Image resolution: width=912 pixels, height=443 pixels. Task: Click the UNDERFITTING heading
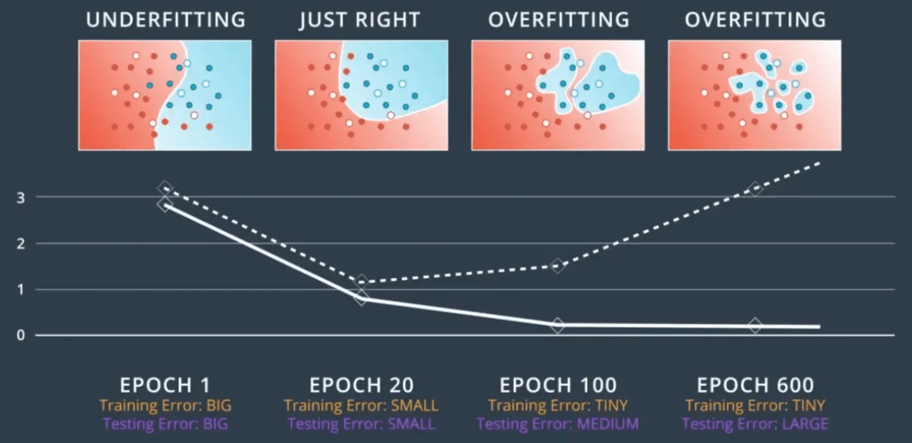165,20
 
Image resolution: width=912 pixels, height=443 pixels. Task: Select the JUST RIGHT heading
359,20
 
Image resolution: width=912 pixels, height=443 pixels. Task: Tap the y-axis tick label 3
21,198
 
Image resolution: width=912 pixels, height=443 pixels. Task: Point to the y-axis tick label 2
21,244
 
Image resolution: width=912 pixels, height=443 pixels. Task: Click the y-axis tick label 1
21,290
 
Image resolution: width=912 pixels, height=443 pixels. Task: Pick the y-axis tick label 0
21,335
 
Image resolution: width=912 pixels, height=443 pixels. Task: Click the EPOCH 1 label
165,385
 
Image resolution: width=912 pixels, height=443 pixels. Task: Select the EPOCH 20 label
361,385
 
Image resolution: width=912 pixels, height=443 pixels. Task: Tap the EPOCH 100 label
558,385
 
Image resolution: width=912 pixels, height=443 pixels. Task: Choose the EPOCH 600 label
755,385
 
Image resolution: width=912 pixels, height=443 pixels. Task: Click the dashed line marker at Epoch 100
558,265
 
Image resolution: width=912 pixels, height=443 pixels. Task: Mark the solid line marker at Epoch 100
558,325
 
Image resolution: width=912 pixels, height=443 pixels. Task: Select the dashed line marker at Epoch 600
755,189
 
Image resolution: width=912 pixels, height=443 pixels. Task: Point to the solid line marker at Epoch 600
755,326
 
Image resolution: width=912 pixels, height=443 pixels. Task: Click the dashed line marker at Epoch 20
361,281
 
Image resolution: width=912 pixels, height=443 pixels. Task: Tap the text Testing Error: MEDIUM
558,424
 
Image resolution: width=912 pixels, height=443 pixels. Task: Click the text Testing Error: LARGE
755,424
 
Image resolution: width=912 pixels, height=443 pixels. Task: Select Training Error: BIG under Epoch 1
165,406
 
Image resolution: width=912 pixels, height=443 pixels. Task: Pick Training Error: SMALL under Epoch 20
361,406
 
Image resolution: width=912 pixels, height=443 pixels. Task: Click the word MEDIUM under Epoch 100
608,424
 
